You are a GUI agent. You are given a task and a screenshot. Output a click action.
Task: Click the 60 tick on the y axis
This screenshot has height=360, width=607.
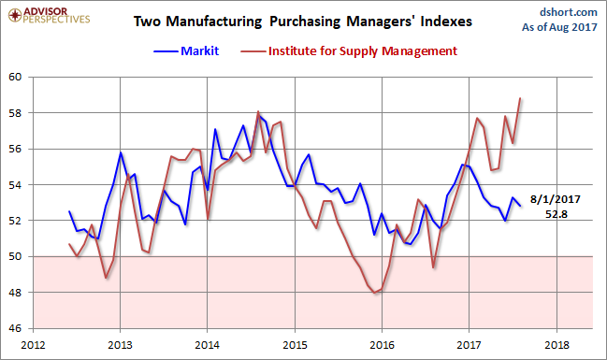pos(17,78)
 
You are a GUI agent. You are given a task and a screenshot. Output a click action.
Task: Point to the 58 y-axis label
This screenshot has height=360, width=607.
pos(17,113)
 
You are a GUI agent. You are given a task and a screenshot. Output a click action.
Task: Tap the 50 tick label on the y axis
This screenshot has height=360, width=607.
pos(17,257)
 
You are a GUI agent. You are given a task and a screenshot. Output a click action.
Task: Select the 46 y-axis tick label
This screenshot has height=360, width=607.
pos(17,328)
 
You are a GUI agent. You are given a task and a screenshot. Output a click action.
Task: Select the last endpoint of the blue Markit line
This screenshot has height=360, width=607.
pos(520,207)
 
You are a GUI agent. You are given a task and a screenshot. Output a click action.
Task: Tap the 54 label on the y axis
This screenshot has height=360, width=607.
pos(17,185)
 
